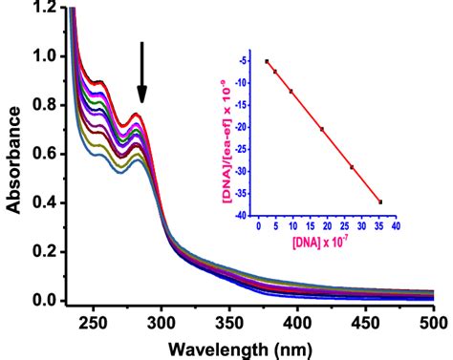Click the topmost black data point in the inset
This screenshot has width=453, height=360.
(x=267, y=61)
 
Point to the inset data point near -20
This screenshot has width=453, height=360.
(x=322, y=129)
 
